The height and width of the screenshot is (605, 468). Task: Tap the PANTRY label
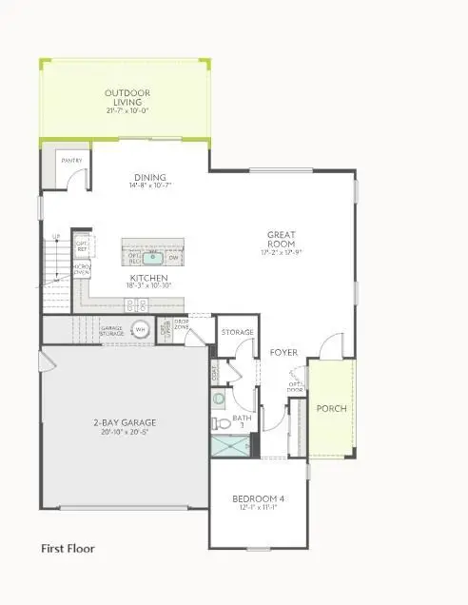point(71,161)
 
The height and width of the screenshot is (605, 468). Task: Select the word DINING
point(149,177)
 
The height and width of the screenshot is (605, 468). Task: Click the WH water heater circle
point(141,329)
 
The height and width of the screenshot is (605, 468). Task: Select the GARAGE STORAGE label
point(112,330)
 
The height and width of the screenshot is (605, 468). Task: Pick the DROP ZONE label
point(181,325)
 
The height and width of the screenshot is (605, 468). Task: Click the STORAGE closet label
point(237,332)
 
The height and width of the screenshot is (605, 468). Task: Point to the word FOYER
point(283,353)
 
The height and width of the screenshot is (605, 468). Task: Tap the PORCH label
point(332,409)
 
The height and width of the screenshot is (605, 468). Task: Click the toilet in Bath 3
point(219,422)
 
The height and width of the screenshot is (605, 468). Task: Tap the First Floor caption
point(68,548)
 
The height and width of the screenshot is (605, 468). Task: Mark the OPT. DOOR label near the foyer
point(295,386)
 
